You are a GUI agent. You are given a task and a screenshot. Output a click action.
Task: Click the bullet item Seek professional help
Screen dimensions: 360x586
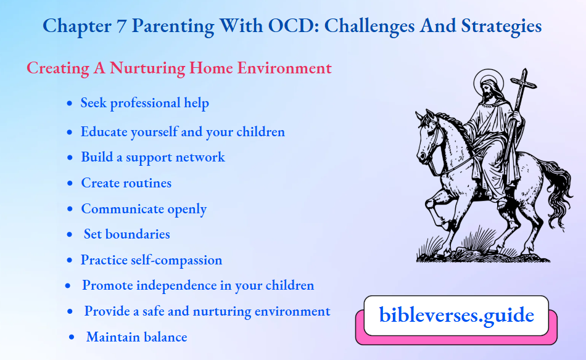pyautogui.click(x=144, y=103)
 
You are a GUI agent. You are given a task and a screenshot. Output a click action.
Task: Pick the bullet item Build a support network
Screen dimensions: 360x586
pyautogui.click(x=152, y=157)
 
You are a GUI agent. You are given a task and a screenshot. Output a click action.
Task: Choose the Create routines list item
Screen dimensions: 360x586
pyautogui.click(x=126, y=183)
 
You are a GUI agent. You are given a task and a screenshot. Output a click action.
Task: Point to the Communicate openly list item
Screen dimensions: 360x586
pyautogui.click(x=144, y=209)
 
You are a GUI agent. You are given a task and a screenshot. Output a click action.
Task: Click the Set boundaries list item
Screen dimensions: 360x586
pyautogui.click(x=126, y=234)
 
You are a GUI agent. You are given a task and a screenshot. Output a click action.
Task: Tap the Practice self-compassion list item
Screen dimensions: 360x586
pyautogui.click(x=151, y=260)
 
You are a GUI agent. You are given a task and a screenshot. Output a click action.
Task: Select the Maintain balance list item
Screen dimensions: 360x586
pyautogui.click(x=136, y=337)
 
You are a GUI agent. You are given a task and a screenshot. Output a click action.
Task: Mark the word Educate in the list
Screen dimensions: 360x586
pyautogui.click(x=104, y=132)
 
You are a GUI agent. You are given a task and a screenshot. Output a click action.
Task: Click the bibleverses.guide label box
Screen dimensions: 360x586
pyautogui.click(x=456, y=316)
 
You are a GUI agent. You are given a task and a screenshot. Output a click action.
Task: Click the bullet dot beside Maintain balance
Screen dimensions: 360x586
pyautogui.click(x=72, y=337)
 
